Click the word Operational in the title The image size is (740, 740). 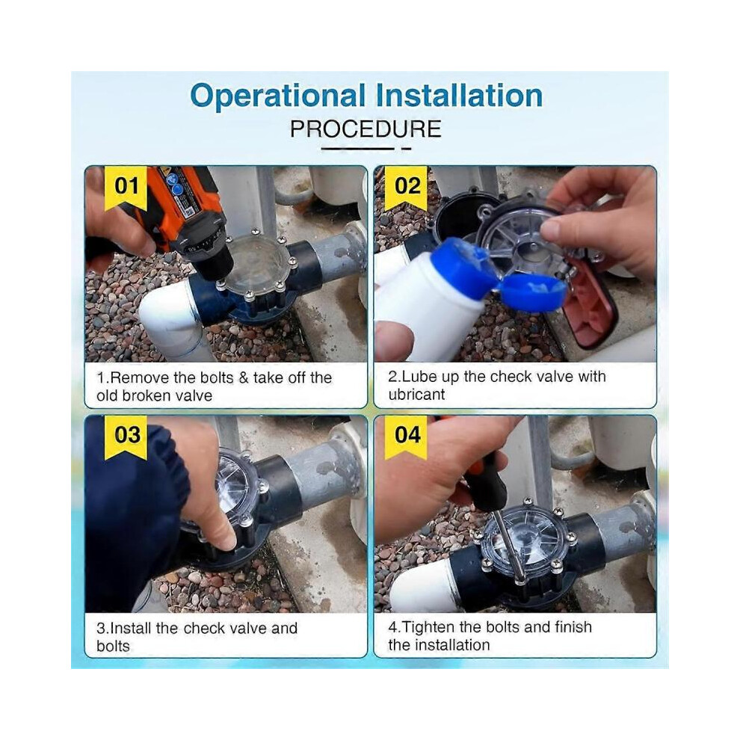pyautogui.click(x=277, y=96)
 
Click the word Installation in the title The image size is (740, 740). pyautogui.click(x=459, y=96)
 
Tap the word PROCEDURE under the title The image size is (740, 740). pyautogui.click(x=366, y=129)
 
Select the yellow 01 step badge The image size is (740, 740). pyautogui.click(x=126, y=188)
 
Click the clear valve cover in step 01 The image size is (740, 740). pyautogui.click(x=256, y=265)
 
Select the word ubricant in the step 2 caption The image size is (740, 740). pyautogui.click(x=416, y=395)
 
